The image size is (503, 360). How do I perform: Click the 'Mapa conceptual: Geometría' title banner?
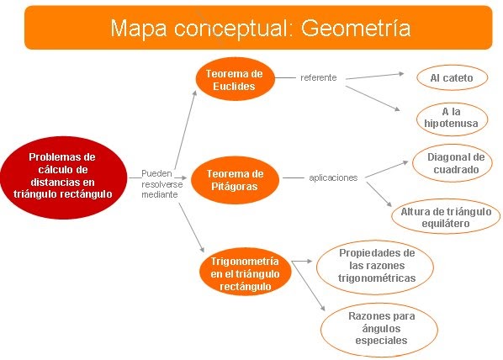[x=258, y=28]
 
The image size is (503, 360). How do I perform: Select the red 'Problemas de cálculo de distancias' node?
[x=64, y=177]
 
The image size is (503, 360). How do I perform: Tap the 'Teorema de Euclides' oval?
[x=236, y=79]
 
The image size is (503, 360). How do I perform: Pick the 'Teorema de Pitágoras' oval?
[x=236, y=180]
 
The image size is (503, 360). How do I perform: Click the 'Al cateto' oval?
[x=452, y=77]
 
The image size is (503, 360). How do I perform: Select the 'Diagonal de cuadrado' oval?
[x=453, y=163]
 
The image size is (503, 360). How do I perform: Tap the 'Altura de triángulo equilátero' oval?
[x=446, y=216]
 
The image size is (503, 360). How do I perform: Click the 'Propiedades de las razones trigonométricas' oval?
[x=375, y=267]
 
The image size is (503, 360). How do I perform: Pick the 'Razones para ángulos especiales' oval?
[x=379, y=330]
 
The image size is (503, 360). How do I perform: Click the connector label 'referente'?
[x=319, y=77]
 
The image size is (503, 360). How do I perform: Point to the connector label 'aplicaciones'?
[x=333, y=177]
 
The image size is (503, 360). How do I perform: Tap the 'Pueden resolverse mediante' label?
[x=162, y=184]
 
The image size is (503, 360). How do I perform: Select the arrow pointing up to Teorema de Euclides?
[x=186, y=130]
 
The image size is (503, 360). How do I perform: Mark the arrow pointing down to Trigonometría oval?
[x=191, y=227]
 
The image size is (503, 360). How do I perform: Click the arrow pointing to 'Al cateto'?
[x=374, y=76]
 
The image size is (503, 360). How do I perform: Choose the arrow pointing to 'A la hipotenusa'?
[x=373, y=98]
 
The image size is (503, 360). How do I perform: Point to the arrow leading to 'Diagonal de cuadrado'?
[x=387, y=169]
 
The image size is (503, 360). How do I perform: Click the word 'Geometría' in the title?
[x=356, y=28]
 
